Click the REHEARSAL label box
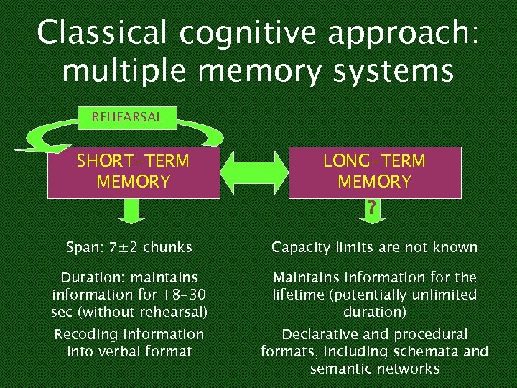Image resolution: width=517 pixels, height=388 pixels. (126, 117)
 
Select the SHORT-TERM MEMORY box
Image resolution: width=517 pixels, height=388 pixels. (133, 172)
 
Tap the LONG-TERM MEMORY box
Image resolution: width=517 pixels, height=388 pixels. (374, 172)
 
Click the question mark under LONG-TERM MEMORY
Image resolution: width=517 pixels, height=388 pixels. (371, 209)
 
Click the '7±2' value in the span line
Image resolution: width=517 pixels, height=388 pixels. (124, 248)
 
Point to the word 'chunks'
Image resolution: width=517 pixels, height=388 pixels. (167, 248)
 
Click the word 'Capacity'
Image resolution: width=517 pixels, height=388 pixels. (301, 248)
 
